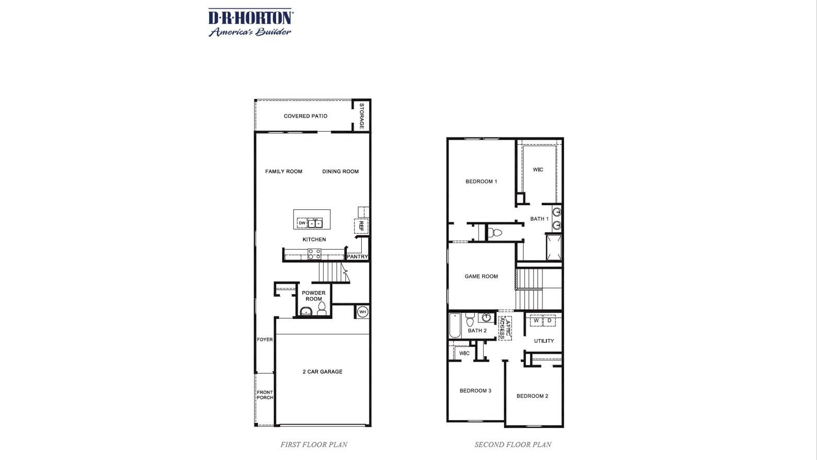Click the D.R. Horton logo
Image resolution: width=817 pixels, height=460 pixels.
click(x=251, y=22)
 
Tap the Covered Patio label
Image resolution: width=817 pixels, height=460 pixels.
click(x=306, y=116)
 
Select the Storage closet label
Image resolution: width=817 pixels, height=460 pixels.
click(x=361, y=116)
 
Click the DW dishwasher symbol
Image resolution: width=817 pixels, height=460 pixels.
click(x=302, y=223)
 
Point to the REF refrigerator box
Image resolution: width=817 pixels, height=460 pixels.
click(x=361, y=226)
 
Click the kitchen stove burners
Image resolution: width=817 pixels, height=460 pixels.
click(x=314, y=254)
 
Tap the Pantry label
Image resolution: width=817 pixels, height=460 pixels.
click(x=358, y=256)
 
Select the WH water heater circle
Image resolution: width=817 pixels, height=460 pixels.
click(x=362, y=312)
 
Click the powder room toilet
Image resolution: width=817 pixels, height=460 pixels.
click(x=322, y=309)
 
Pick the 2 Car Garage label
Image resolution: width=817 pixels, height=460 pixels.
click(x=323, y=372)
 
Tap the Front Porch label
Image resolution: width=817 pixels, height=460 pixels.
click(x=265, y=395)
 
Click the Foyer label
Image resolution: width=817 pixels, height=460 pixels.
click(x=265, y=340)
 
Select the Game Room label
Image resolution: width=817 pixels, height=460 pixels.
click(x=481, y=276)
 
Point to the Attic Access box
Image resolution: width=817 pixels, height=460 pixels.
click(x=505, y=328)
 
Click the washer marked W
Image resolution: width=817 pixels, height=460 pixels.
click(x=536, y=320)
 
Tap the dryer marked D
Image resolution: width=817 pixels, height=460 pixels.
click(x=549, y=320)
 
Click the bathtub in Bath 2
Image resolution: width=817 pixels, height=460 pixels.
click(x=455, y=326)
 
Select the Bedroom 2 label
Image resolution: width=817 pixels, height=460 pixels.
click(x=532, y=396)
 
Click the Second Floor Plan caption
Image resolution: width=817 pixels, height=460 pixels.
click(x=513, y=444)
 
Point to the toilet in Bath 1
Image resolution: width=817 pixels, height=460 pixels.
click(x=495, y=233)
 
